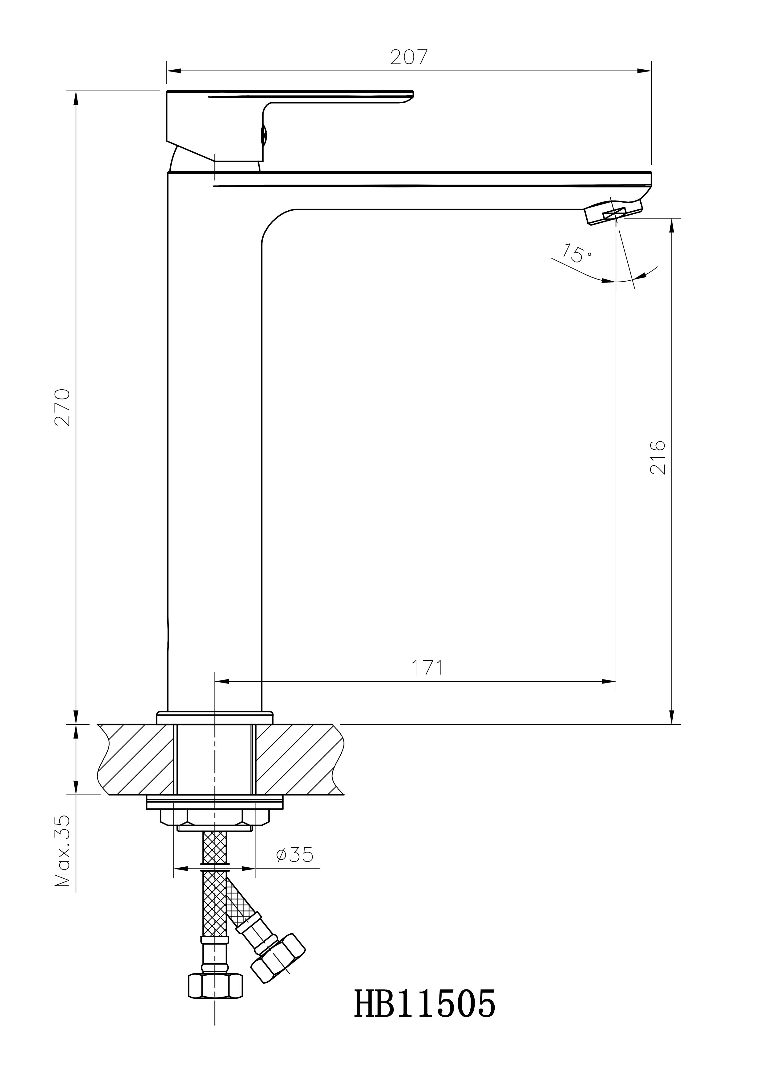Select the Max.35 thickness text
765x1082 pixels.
pyautogui.click(x=63, y=851)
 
